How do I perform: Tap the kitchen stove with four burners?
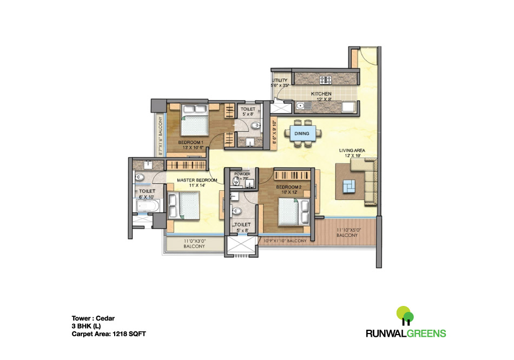point(326,80)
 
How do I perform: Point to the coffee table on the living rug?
point(347,186)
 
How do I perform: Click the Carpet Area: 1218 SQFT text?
point(109,334)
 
